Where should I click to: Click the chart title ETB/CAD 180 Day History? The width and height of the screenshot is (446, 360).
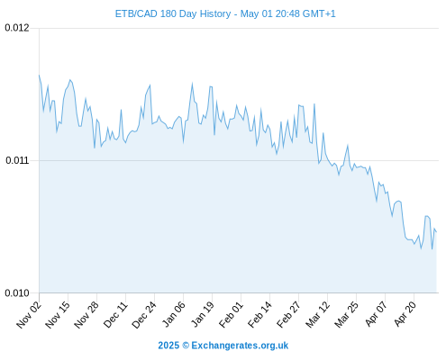tap(173, 13)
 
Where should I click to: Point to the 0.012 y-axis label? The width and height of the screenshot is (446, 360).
tap(17, 28)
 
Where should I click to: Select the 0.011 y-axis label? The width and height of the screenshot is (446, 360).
tap(17, 160)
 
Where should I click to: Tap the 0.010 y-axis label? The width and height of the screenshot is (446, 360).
tap(17, 292)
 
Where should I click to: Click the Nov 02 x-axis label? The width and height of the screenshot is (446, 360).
tap(29, 315)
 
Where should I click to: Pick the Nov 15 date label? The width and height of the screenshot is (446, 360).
tap(58, 315)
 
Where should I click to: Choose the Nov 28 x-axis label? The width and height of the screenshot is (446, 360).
tap(86, 315)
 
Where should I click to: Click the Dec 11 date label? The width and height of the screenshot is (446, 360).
tap(115, 315)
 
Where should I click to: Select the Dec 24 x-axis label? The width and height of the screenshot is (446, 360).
tap(144, 315)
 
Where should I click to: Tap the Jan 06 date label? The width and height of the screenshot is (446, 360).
tap(173, 315)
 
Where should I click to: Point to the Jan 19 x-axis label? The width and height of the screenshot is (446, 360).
tap(203, 315)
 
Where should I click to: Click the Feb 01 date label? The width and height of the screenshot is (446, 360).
tap(231, 315)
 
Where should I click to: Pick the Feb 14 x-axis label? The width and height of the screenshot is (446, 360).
tap(259, 315)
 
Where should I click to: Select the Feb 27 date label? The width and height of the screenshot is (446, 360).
tap(288, 315)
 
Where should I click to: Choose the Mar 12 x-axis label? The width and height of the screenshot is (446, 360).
tap(317, 315)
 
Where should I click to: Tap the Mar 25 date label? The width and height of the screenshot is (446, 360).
tap(346, 315)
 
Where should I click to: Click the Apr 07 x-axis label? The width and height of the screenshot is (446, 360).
tap(376, 315)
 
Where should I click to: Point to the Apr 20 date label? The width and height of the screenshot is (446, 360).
tap(405, 315)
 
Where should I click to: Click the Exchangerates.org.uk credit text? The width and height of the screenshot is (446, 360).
tap(240, 346)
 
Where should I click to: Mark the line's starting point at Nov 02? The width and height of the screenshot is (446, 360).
tap(39, 75)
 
